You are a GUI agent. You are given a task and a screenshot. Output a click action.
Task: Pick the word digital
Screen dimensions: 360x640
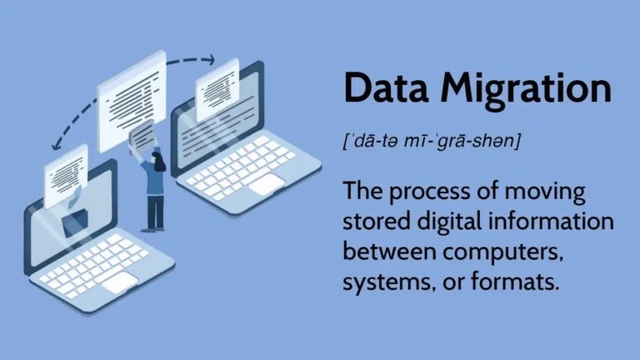pyautogui.click(x=449, y=223)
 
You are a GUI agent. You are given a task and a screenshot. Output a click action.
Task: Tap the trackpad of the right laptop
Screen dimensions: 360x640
pyautogui.click(x=265, y=183)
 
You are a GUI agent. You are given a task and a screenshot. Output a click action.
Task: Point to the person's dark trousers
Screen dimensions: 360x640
pyautogui.click(x=153, y=210)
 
